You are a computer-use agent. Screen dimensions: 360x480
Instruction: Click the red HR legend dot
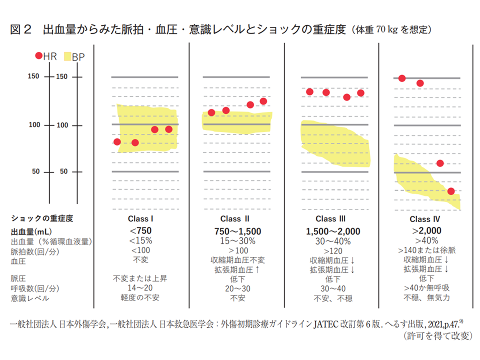(x=39, y=56)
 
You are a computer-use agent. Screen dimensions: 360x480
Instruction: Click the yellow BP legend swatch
(x=68, y=56)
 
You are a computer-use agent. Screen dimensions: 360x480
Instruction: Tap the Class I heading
(x=140, y=218)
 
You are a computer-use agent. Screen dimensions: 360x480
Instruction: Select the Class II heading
(x=234, y=218)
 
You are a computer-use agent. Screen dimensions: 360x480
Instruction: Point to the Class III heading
(x=330, y=218)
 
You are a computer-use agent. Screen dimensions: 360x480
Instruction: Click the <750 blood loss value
(x=140, y=230)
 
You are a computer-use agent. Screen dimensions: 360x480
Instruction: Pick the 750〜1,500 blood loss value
(x=234, y=230)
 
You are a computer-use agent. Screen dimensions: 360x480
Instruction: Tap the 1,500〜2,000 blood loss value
(x=330, y=230)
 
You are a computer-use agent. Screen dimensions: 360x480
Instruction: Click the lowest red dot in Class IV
(x=451, y=191)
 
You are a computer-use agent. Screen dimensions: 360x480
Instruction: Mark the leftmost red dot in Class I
(x=117, y=142)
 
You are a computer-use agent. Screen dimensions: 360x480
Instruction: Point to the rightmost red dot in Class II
(x=263, y=101)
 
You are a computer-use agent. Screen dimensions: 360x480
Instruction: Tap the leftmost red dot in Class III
(x=310, y=92)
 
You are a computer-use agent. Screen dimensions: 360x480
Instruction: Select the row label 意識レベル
(x=29, y=298)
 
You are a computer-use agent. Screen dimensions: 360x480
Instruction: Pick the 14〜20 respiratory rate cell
(x=140, y=288)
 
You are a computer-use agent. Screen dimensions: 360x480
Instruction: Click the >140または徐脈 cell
(x=426, y=250)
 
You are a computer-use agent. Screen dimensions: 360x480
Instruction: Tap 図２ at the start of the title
(x=21, y=29)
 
